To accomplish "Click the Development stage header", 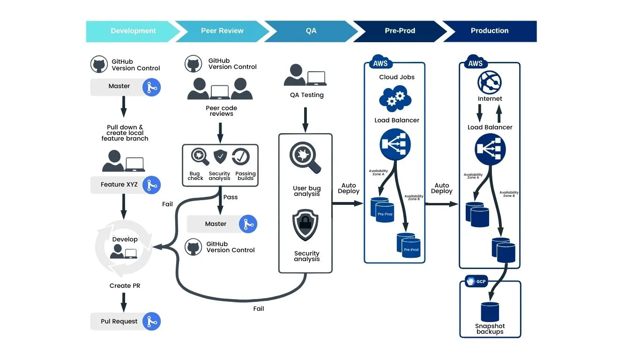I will (133, 31).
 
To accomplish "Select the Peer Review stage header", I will (222, 31).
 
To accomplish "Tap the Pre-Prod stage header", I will (400, 31).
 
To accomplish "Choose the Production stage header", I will (489, 31).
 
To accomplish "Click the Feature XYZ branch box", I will (119, 185).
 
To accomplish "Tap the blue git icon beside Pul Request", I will (151, 322).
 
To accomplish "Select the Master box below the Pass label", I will (216, 224).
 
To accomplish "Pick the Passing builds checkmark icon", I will (241, 157).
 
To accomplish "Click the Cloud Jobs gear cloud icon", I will (395, 98).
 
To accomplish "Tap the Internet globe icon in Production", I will (490, 82).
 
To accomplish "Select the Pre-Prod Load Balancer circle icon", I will (395, 145).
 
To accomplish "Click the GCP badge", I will (477, 282).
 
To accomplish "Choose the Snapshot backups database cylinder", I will (490, 312).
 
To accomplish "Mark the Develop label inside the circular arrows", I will (125, 239).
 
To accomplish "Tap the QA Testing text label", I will (306, 95).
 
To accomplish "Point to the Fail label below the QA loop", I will (259, 308).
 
